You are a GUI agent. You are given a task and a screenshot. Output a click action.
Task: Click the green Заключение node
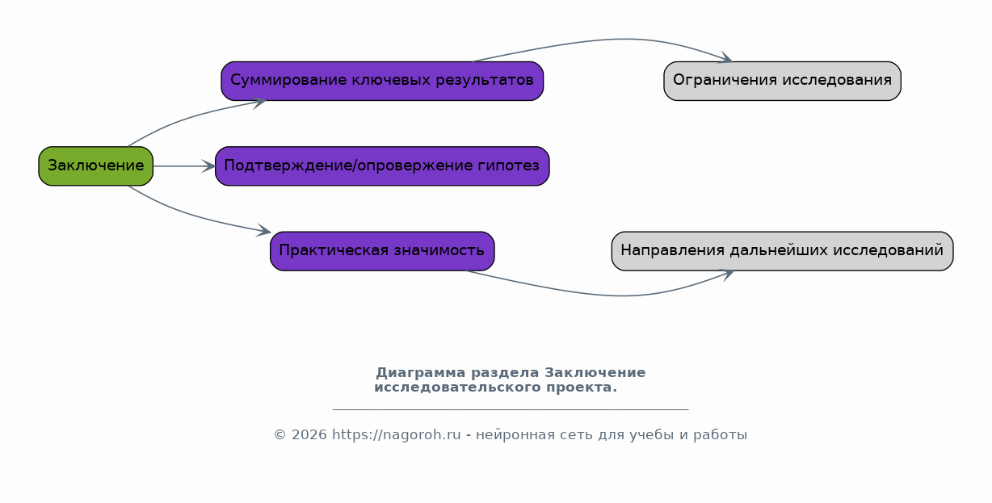pyautogui.click(x=95, y=166)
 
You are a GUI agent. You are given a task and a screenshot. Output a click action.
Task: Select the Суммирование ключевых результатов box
pyautogui.click(x=382, y=81)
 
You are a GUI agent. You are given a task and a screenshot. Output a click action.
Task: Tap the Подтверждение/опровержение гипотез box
pyautogui.click(x=382, y=166)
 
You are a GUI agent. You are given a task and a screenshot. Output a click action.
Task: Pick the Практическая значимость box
pyautogui.click(x=382, y=251)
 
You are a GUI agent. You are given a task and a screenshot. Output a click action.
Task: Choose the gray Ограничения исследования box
pyautogui.click(x=782, y=81)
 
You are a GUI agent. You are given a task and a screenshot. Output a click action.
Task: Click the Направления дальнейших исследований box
pyautogui.click(x=782, y=251)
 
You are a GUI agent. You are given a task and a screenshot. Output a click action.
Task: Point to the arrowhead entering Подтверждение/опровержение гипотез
pyautogui.click(x=208, y=166)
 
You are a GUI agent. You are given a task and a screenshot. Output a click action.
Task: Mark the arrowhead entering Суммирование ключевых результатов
pyautogui.click(x=259, y=103)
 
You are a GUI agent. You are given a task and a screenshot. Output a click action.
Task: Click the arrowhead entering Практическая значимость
pyautogui.click(x=264, y=230)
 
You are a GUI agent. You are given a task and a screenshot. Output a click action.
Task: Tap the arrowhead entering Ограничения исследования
pyautogui.click(x=725, y=57)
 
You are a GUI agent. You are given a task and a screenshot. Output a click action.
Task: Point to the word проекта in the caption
pyautogui.click(x=582, y=388)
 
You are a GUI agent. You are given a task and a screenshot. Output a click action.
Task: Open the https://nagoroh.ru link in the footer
pyautogui.click(x=397, y=435)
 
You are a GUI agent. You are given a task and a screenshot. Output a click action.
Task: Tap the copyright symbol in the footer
pyautogui.click(x=280, y=435)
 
